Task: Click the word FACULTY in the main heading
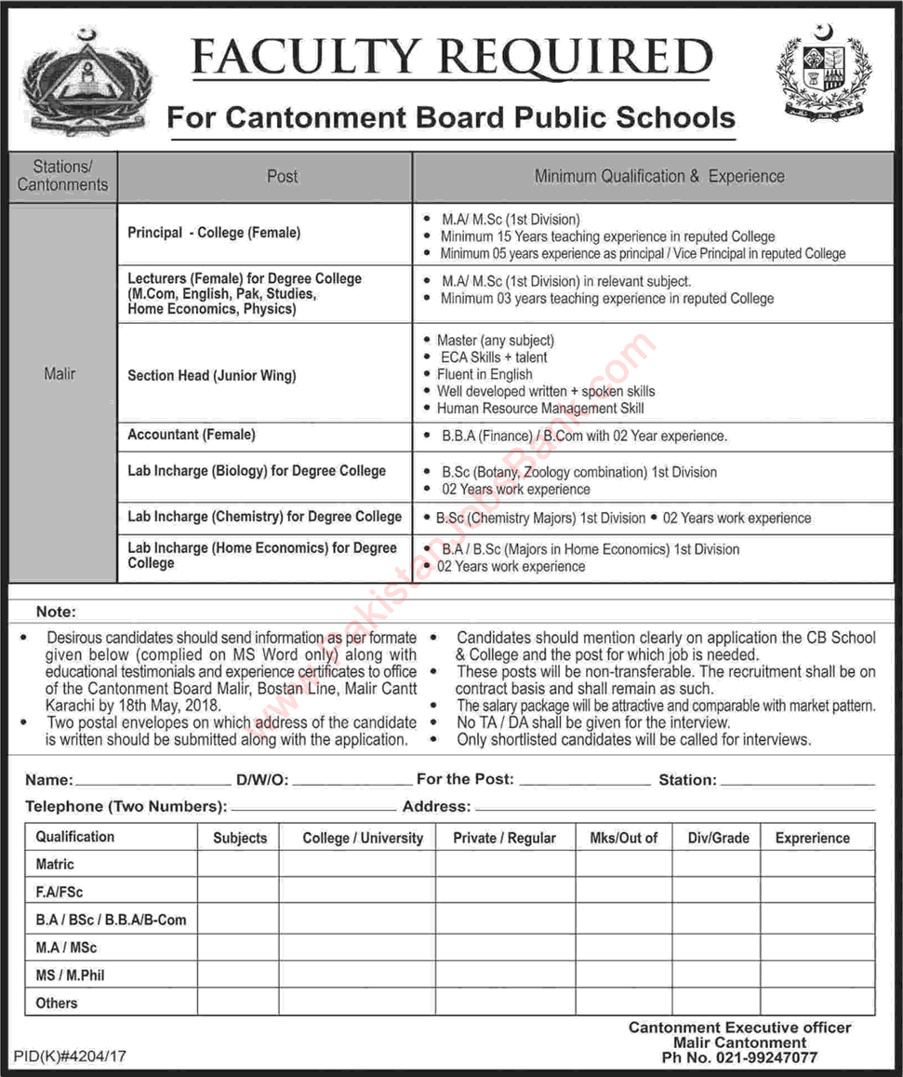(304, 59)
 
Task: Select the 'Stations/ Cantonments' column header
(62, 176)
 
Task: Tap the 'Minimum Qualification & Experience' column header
(658, 176)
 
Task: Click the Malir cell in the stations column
(60, 374)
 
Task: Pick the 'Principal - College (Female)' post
(214, 233)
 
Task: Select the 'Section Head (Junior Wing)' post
(212, 375)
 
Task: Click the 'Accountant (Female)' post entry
(192, 435)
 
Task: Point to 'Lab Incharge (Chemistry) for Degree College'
(265, 517)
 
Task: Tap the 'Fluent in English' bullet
(485, 374)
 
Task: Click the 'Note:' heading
(56, 613)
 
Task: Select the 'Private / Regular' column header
(504, 838)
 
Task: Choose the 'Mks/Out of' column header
(623, 838)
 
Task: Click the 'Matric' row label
(55, 865)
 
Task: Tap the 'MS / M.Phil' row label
(71, 976)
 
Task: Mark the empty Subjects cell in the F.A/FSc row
(239, 892)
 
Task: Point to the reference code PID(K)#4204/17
(70, 1057)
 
